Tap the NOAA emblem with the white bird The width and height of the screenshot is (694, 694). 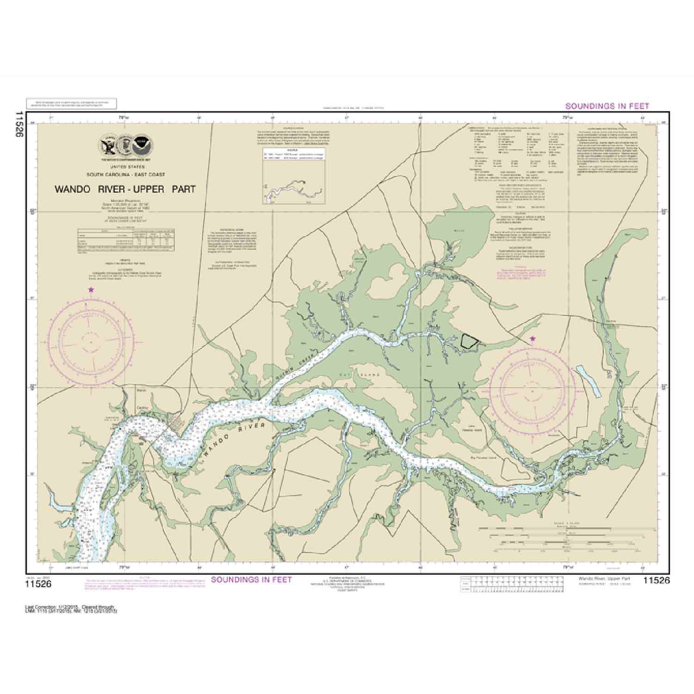point(141,146)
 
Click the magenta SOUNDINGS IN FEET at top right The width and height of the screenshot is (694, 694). point(607,106)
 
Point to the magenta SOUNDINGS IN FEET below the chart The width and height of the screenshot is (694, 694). point(251,580)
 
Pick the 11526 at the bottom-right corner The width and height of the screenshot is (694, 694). point(656,581)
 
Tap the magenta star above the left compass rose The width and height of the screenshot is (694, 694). point(91,290)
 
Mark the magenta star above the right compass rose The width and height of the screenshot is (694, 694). point(533,339)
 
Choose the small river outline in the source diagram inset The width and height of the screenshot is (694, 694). point(293,187)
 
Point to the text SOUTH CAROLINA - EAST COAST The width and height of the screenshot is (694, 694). point(125,174)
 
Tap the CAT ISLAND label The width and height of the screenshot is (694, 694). point(366,375)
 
